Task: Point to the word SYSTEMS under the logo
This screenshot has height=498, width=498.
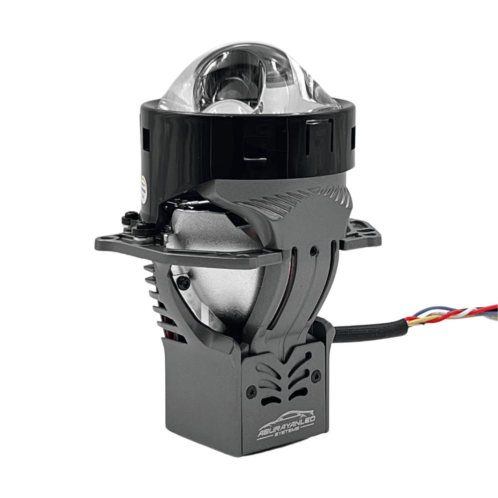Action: (x=287, y=436)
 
